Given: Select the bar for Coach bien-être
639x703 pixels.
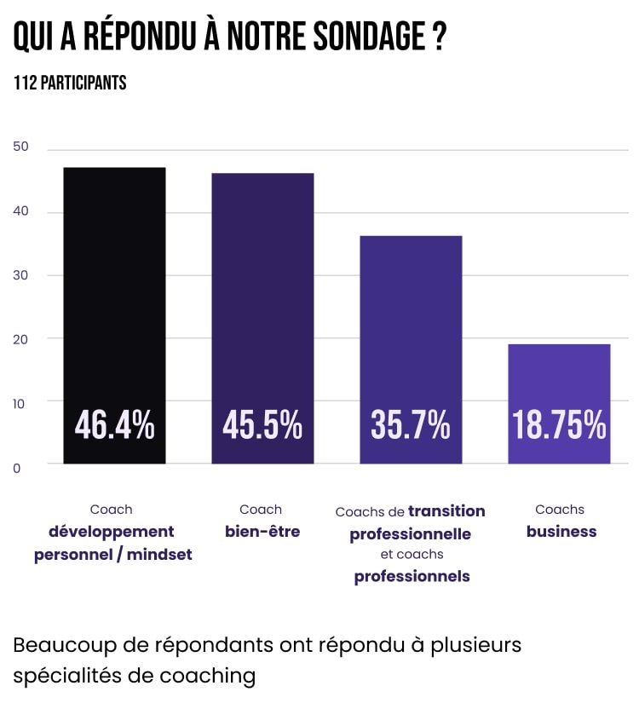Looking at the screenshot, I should [262, 290].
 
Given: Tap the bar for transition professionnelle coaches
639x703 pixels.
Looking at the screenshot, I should [411, 324].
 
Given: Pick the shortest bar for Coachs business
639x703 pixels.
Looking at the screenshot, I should [559, 375].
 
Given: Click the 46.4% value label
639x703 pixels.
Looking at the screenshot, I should [114, 425].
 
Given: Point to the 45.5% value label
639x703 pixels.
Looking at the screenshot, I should [262, 425].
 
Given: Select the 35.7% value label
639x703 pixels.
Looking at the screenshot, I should [411, 425].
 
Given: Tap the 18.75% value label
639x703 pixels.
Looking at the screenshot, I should [559, 425].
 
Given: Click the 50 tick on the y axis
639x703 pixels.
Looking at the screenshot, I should [21, 147].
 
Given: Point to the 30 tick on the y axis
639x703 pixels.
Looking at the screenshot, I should [21, 275].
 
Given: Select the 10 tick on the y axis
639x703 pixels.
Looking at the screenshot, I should [21, 400].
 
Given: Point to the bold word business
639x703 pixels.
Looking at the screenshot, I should [561, 532].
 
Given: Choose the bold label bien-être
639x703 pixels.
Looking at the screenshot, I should [262, 532].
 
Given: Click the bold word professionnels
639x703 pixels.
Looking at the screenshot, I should [412, 577].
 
